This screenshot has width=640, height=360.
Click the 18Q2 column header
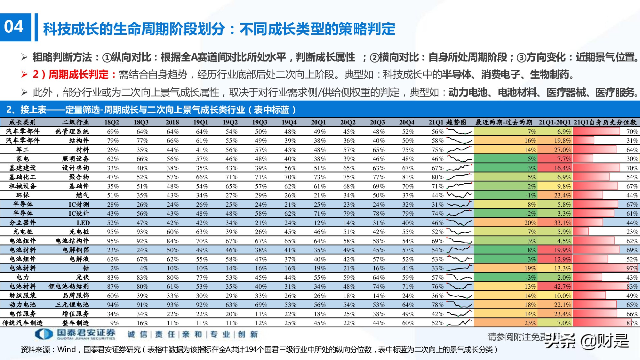(112, 122)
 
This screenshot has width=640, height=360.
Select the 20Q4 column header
(407, 122)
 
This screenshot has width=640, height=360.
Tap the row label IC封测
(79, 204)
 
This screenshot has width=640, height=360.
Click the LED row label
(83, 223)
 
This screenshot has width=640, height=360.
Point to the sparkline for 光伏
(459, 277)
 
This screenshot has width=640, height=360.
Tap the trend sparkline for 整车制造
(459, 323)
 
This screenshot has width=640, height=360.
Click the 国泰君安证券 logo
(75, 334)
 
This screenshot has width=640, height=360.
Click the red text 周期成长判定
(78, 75)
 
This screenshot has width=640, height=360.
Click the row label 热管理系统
(72, 132)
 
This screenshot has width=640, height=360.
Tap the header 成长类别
(22, 122)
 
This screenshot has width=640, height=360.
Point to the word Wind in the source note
(67, 349)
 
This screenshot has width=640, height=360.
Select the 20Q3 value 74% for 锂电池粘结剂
(378, 286)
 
